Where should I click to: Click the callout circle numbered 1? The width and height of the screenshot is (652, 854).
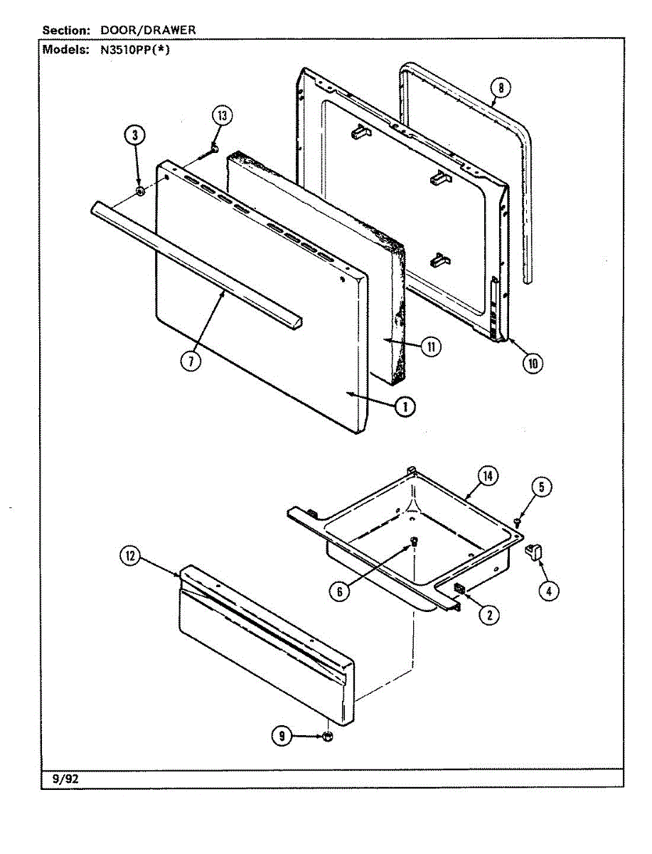[x=405, y=407]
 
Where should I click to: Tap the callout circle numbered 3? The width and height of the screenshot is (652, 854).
[x=135, y=135]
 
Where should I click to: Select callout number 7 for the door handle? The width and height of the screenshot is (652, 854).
[x=191, y=362]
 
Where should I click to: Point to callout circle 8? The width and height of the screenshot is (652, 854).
[x=501, y=88]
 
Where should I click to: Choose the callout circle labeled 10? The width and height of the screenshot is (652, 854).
[x=533, y=364]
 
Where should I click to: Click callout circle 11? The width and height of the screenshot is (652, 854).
[x=431, y=347]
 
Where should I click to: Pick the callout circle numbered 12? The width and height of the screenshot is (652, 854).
[x=131, y=556]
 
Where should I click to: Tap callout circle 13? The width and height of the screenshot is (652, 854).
[x=223, y=115]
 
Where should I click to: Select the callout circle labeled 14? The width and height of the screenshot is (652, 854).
[x=488, y=475]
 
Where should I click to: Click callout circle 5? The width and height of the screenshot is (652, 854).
[x=541, y=487]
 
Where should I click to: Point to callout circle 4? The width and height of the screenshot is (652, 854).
[x=549, y=591]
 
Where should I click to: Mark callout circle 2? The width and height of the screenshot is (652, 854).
[x=489, y=615]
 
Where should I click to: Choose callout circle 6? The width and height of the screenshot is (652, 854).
[x=340, y=592]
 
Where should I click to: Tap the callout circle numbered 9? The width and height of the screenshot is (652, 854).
[x=282, y=736]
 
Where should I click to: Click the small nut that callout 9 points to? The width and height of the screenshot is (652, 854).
[x=328, y=736]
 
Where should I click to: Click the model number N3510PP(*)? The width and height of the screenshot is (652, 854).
[x=135, y=50]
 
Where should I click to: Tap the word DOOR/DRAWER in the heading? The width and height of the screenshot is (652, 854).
[x=148, y=30]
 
